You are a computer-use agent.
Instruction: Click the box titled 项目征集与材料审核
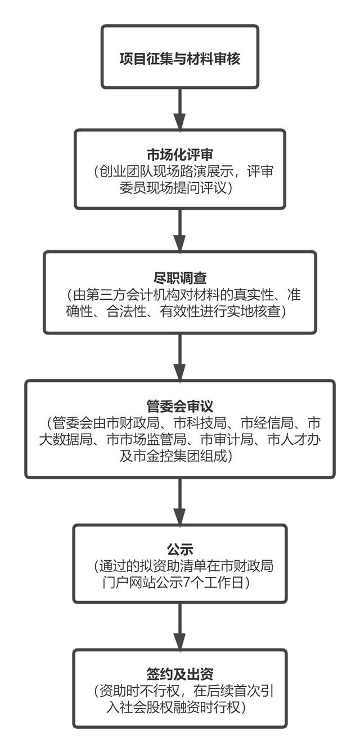pos(180,57)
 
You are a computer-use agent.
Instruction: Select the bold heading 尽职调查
pos(180,278)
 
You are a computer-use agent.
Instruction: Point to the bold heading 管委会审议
pos(180,405)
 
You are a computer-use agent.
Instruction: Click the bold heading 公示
pos(180,548)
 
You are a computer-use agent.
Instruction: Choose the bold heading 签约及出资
pos(180,673)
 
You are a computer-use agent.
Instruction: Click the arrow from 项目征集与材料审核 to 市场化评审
pos(179,109)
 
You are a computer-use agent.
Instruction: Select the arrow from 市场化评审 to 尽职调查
pos(179,230)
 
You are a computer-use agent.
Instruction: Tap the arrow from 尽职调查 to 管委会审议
pos(179,357)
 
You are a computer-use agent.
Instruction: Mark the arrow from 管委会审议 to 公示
pos(179,501)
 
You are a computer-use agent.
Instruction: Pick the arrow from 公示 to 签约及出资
pos(179,626)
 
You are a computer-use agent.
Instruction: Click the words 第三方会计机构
pos(131,295)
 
